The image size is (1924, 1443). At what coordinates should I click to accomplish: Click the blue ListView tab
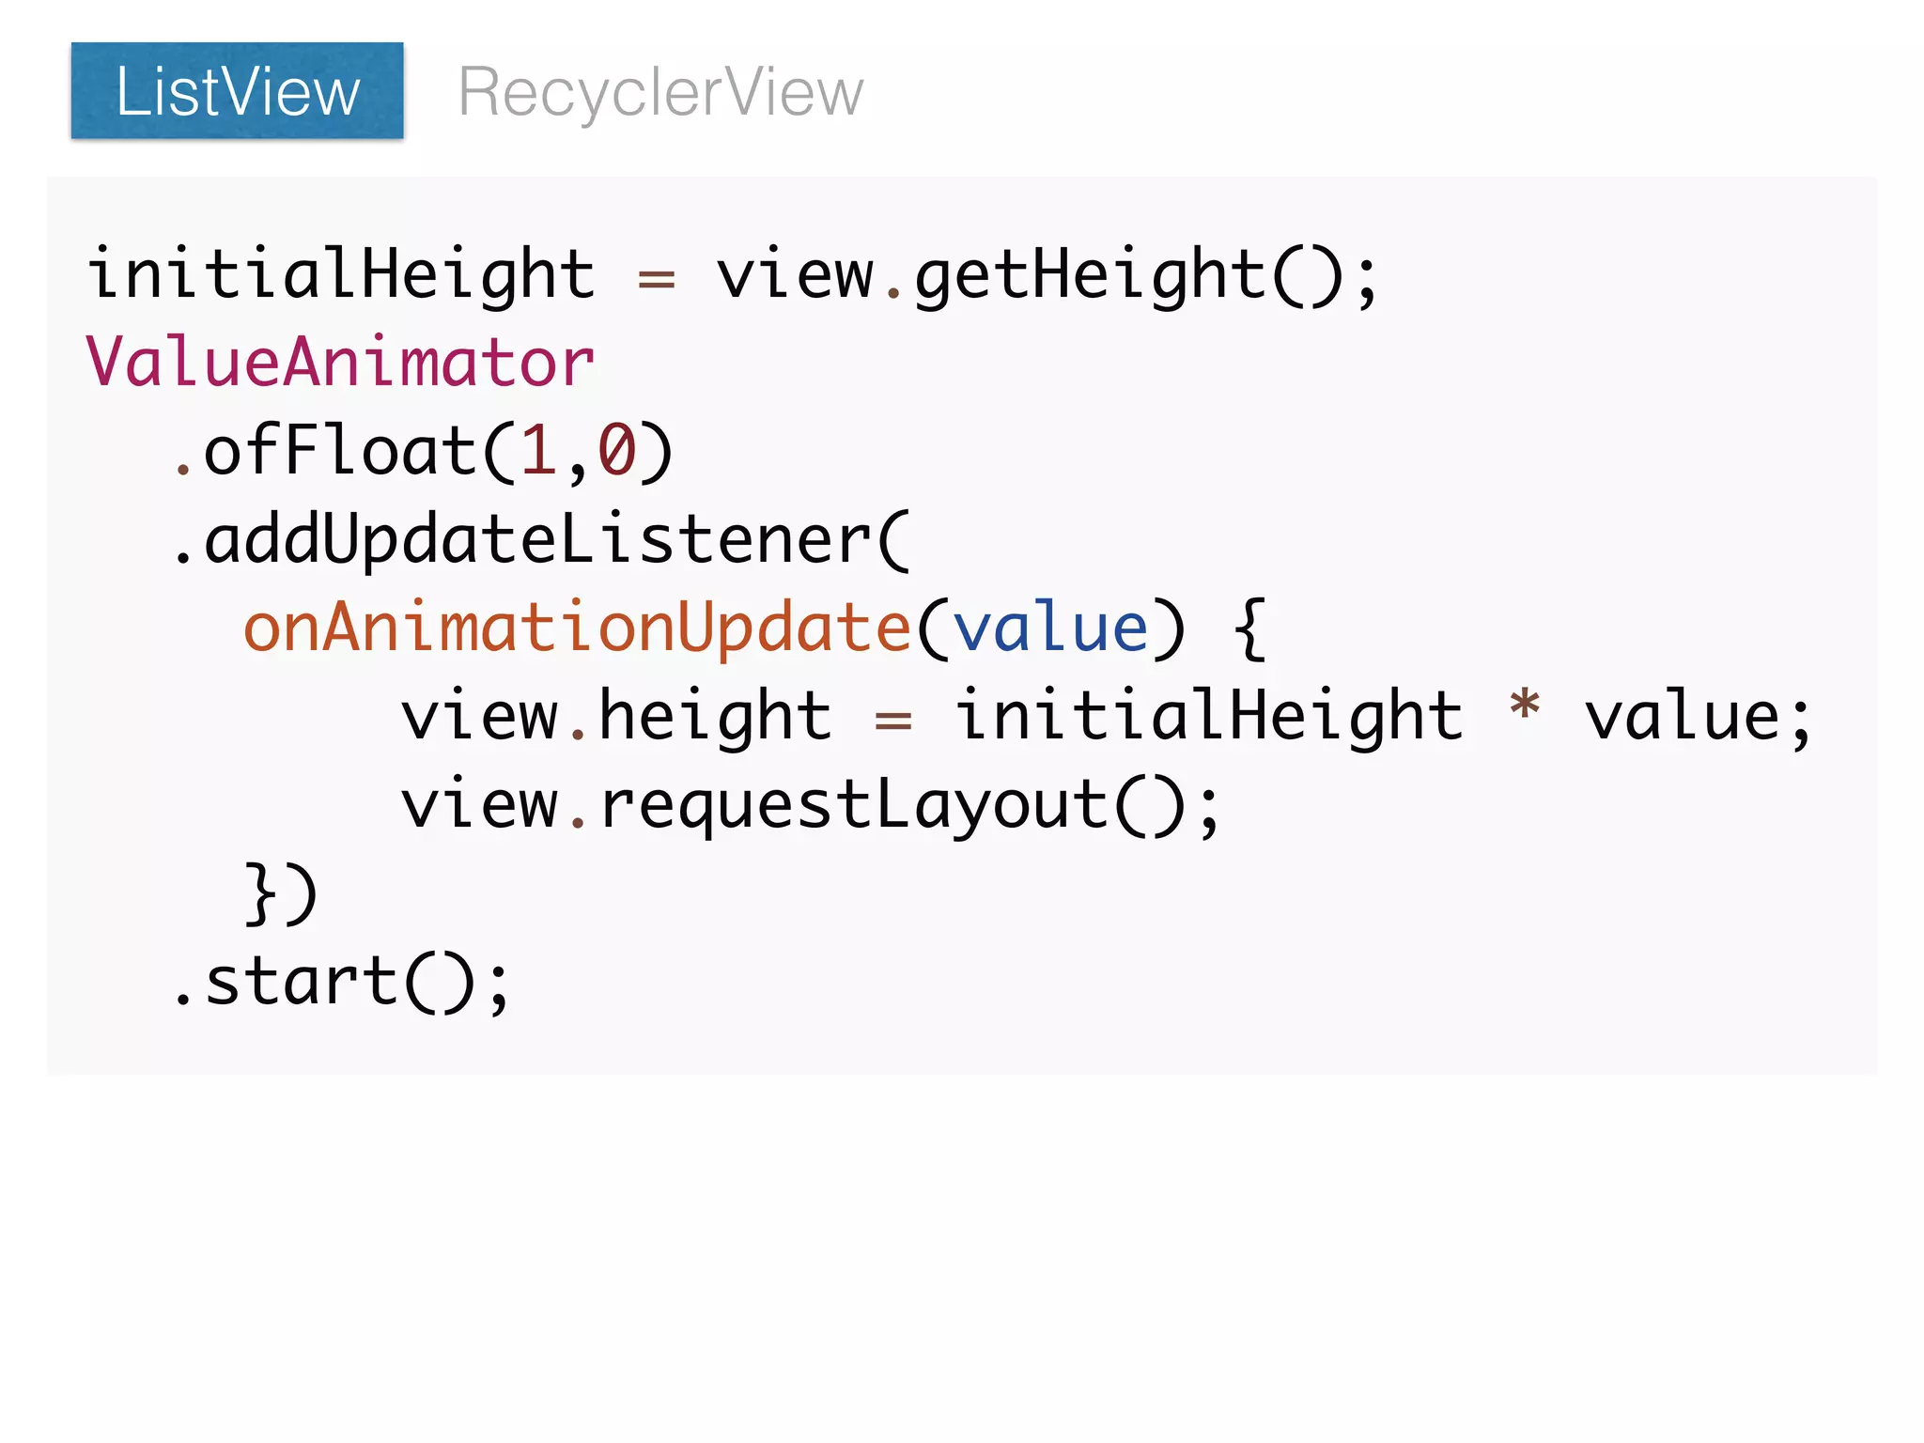click(237, 91)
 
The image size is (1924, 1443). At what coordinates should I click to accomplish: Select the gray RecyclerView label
click(659, 92)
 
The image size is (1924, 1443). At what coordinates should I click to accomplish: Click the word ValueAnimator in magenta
click(340, 363)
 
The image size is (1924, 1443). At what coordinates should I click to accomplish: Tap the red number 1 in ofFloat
click(537, 451)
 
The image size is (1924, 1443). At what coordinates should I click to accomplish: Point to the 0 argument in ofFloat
click(617, 451)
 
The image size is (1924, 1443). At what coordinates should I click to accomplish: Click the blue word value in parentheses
click(1050, 628)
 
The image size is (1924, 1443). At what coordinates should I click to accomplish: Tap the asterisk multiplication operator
click(1524, 706)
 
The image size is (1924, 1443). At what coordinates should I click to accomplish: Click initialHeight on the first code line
click(340, 274)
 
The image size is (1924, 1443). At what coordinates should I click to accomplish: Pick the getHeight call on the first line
click(1090, 274)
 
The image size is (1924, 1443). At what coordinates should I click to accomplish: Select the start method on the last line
click(301, 982)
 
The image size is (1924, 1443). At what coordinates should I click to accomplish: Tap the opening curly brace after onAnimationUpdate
click(1249, 628)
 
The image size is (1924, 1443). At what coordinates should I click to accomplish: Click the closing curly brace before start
click(260, 892)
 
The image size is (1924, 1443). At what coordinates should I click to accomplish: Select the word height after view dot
click(714, 716)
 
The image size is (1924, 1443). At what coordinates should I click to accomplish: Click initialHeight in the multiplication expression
click(1208, 716)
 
